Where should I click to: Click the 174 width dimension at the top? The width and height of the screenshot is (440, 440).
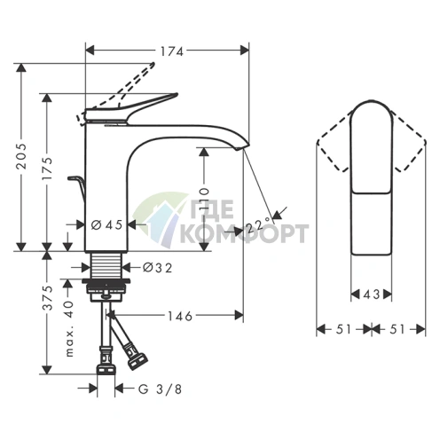172,51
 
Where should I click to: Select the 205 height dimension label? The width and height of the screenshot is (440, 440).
21,157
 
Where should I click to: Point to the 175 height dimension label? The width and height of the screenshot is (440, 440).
47,169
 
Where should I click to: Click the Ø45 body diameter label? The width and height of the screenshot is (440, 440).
106,225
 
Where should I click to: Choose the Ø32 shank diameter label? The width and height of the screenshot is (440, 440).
157,268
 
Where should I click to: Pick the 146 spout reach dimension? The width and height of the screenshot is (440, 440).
180,317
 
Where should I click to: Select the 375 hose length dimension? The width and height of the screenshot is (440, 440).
47,298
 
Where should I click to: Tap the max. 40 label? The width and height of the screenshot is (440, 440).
69,328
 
